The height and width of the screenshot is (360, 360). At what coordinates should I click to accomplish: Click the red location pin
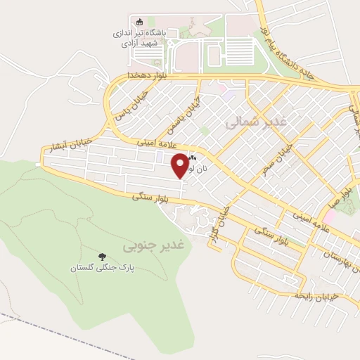[181, 165]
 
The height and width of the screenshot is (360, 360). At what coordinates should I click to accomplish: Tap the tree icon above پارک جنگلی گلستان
[103, 257]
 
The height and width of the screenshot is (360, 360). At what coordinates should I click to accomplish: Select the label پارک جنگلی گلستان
[103, 268]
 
